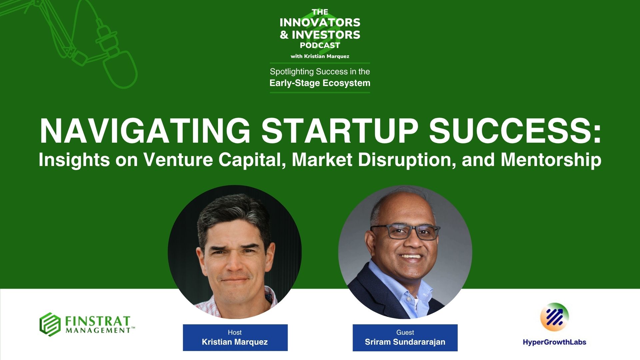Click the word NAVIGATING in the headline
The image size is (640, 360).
click(145, 131)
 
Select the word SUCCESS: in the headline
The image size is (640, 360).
click(515, 131)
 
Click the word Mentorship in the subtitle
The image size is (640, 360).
click(551, 160)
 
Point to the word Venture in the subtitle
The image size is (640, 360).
click(178, 160)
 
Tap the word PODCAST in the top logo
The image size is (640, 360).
click(320, 45)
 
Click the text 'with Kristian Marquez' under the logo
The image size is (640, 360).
click(320, 56)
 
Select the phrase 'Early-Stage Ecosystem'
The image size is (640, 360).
click(320, 83)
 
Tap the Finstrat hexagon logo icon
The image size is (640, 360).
click(50, 324)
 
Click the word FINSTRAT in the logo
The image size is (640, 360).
click(97, 321)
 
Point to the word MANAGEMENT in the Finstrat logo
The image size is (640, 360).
click(98, 330)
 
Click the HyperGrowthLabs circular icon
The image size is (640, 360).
click(554, 317)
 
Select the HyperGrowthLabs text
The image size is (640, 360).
click(554, 342)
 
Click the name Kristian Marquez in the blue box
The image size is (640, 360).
click(235, 342)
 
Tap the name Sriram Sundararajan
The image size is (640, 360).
click(405, 342)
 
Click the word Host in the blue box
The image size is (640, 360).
click(235, 332)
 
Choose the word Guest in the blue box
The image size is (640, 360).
click(405, 332)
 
